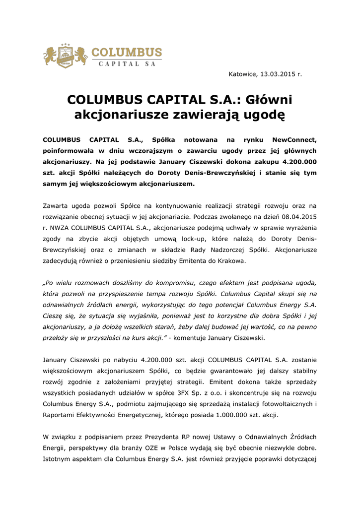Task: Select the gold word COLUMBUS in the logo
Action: pos(126,53)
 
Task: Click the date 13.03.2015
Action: pos(278,74)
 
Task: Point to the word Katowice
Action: pos(243,74)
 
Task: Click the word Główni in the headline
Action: pos(269,100)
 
